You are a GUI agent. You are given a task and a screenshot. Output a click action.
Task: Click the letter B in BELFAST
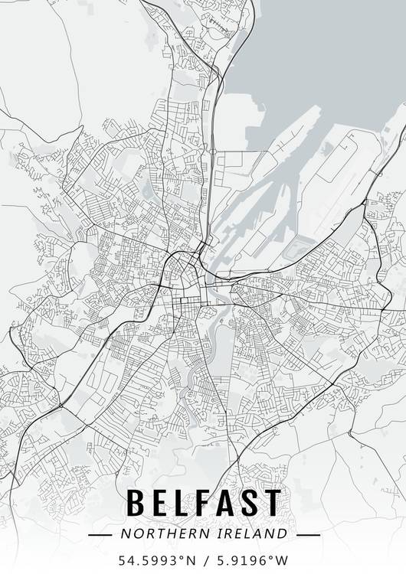tap(136, 502)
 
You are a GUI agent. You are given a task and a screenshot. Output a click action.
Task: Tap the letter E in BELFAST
tap(161, 502)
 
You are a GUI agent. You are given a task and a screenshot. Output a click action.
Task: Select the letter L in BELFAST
tap(185, 502)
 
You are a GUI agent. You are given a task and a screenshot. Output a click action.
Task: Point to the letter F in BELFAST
tap(207, 502)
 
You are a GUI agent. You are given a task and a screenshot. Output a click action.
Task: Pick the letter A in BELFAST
tap(230, 502)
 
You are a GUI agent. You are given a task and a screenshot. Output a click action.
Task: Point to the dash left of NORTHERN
tap(100, 533)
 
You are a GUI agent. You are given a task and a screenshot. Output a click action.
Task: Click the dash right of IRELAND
tap(307, 533)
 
